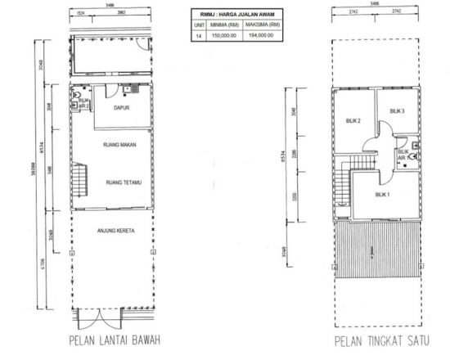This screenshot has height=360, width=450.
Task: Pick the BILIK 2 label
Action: [x=353, y=122]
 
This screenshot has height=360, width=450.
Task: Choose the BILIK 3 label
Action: [x=398, y=110]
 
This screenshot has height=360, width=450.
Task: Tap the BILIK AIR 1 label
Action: [x=403, y=155]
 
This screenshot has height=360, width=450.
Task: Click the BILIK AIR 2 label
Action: [x=83, y=103]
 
